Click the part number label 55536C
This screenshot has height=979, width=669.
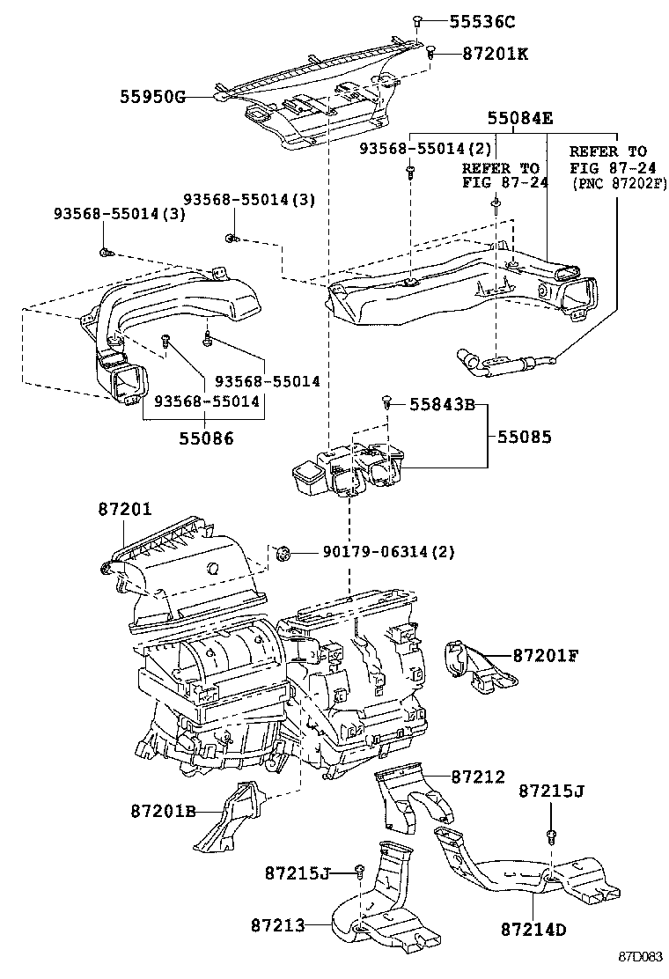click(x=482, y=22)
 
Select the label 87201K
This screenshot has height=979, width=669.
click(x=495, y=54)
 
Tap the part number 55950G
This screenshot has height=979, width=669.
click(x=153, y=97)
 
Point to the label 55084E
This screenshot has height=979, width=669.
click(x=520, y=117)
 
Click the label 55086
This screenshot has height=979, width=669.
click(x=207, y=438)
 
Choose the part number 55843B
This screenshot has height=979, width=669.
click(x=443, y=405)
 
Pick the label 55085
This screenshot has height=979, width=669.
click(x=525, y=437)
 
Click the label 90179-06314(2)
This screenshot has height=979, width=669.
click(x=388, y=552)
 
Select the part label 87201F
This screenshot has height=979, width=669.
click(x=546, y=656)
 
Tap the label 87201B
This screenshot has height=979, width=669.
click(x=164, y=811)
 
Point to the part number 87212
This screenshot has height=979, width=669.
click(x=478, y=777)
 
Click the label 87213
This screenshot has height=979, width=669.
click(x=278, y=924)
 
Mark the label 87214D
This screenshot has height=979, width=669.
click(x=533, y=930)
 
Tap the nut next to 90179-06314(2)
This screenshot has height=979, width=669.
click(x=283, y=552)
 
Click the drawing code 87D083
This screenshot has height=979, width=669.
click(x=640, y=957)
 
